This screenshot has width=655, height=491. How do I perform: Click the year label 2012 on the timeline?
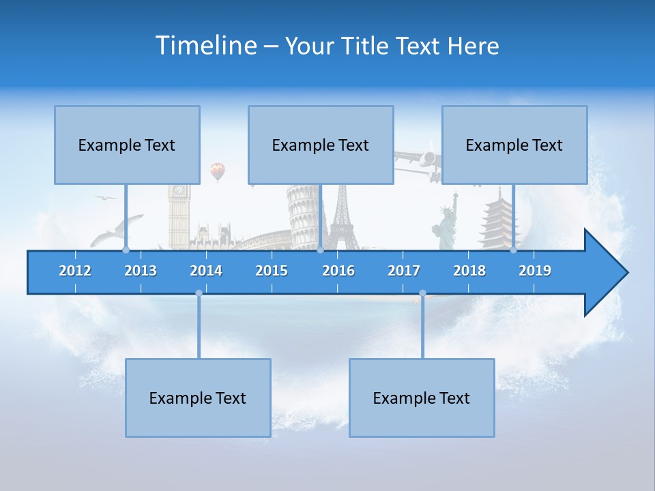(x=75, y=271)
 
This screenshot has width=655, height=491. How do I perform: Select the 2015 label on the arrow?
(x=272, y=271)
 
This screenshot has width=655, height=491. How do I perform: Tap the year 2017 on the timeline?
(x=404, y=271)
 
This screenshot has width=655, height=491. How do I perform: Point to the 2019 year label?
(x=535, y=271)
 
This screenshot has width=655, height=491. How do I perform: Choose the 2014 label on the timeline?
(x=206, y=271)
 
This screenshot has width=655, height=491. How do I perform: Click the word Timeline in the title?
(x=206, y=46)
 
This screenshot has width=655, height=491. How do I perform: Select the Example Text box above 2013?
(x=127, y=145)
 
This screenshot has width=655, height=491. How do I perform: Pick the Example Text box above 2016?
(x=321, y=145)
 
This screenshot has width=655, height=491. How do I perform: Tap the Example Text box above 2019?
(x=514, y=145)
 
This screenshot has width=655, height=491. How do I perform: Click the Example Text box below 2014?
(x=198, y=398)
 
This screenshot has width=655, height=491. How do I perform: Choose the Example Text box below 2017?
(x=422, y=398)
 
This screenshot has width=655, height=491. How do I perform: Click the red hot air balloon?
(x=217, y=170)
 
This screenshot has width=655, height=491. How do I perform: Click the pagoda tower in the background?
(x=496, y=218)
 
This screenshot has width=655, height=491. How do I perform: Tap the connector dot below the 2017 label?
(x=422, y=293)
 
